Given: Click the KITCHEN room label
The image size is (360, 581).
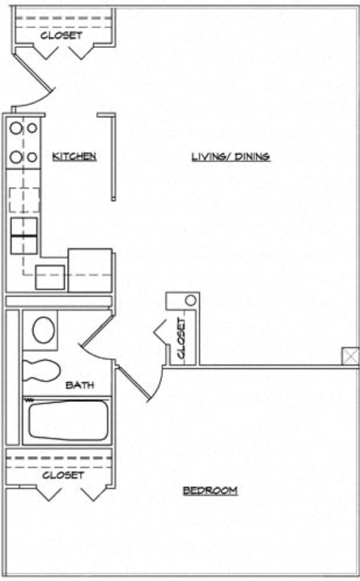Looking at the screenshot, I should [74, 156].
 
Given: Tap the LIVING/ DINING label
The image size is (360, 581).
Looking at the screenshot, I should [231, 156].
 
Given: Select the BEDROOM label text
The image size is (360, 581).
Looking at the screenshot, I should [210, 490].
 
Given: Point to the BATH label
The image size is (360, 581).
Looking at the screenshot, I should [80, 385].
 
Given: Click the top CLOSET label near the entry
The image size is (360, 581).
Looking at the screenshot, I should [61, 36].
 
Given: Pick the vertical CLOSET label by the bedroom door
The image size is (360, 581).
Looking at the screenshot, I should [181, 338].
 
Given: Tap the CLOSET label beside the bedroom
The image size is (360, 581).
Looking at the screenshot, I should [63, 475].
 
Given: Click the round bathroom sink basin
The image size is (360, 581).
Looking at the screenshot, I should [43, 329].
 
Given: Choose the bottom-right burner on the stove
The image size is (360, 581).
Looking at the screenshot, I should [31, 157].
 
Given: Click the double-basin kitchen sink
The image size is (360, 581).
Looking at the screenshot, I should [24, 235].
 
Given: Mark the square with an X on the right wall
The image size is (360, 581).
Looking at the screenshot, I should [350, 357].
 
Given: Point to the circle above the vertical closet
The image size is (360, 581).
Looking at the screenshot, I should [190, 300].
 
